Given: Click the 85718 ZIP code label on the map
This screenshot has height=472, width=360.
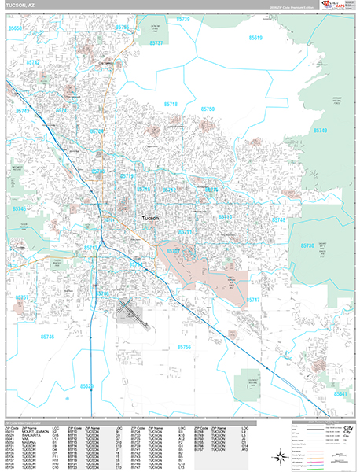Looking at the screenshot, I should coord(171,104).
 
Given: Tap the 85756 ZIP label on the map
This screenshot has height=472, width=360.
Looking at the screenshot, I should coord(184,347).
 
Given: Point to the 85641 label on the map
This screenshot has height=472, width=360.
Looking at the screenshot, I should coord(340,393).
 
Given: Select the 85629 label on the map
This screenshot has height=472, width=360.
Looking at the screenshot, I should coord(86,386).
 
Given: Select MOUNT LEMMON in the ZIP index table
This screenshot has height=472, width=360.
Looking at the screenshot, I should coord(34,431).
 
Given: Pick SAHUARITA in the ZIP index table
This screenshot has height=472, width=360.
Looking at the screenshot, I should coord(31,435).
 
